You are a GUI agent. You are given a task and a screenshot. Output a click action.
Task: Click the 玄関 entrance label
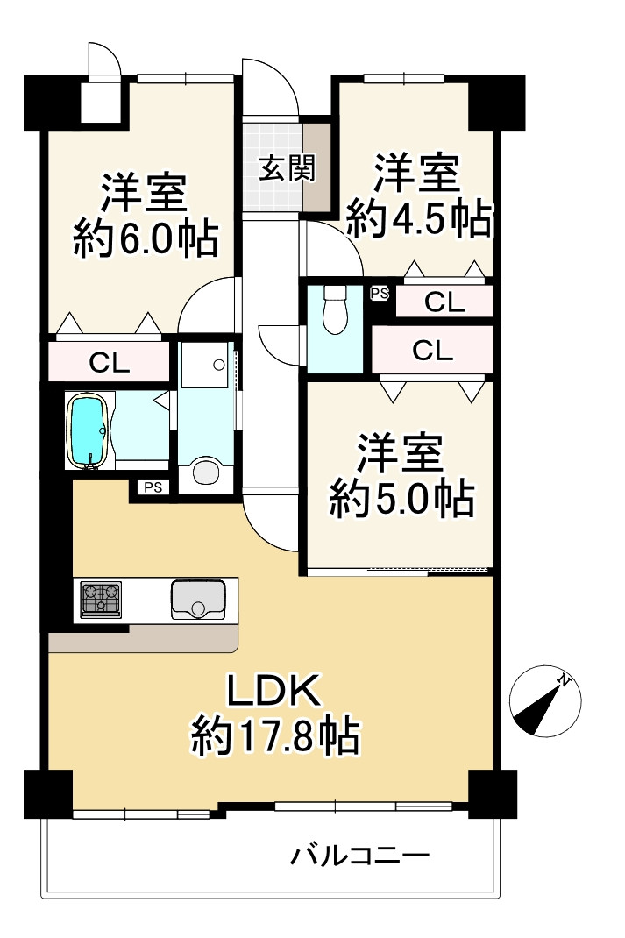(286, 167)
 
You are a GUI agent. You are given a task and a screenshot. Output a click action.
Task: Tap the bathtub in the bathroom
(89, 430)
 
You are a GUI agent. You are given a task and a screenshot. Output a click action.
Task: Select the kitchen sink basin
(198, 600)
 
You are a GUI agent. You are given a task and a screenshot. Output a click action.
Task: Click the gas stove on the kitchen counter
(101, 600)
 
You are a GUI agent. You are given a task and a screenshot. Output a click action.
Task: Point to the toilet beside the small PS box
(334, 311)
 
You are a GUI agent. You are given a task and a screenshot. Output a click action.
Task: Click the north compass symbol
(545, 700)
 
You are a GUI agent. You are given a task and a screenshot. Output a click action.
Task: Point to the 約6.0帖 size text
(145, 238)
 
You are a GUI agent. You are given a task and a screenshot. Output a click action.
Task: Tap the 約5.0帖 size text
(401, 500)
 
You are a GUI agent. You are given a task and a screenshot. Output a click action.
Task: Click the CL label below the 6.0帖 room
(109, 362)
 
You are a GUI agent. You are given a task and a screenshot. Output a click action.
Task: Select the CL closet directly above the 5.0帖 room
(432, 351)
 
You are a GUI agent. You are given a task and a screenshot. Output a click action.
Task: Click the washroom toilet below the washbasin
(205, 473)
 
